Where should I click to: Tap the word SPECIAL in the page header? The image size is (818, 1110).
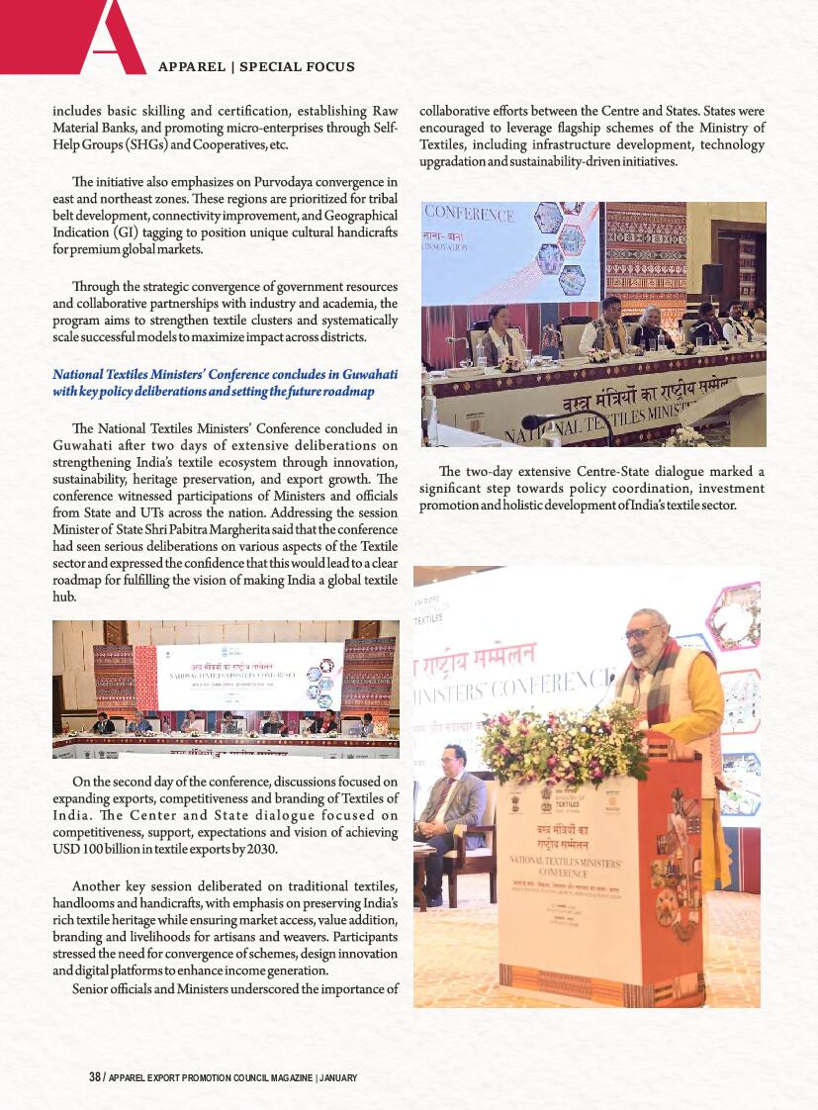pos(282,67)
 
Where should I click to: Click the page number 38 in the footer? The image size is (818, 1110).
pos(95,1077)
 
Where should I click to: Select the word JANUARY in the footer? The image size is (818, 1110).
pos(338,1077)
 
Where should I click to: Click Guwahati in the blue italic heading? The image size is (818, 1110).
pos(364,375)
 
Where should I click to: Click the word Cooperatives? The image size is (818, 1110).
pos(231,144)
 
